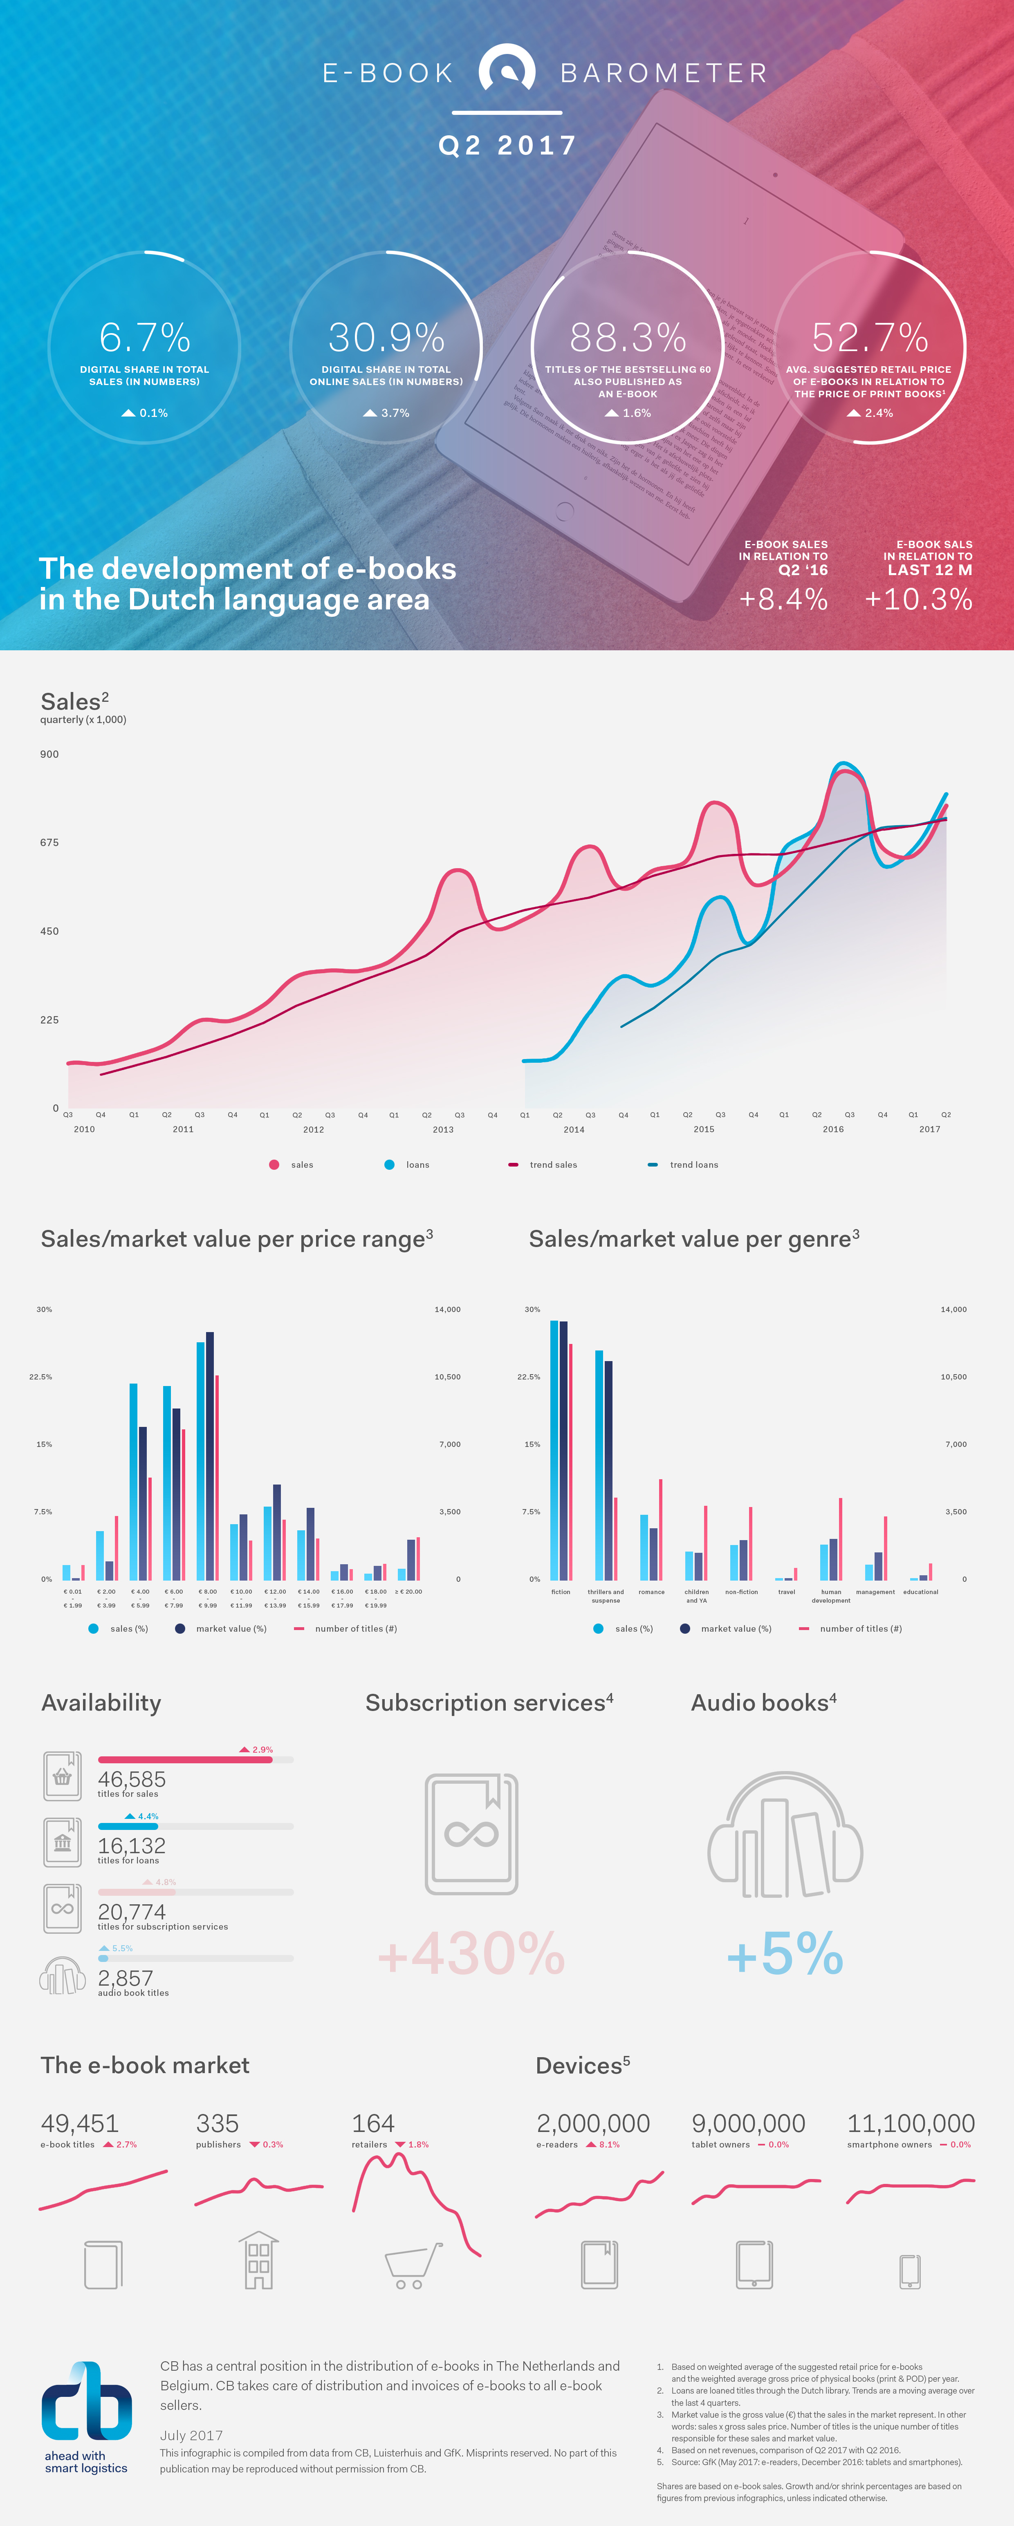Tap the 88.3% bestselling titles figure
[x=628, y=338]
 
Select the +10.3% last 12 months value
[x=918, y=599]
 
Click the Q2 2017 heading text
[x=507, y=146]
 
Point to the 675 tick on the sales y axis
[x=49, y=842]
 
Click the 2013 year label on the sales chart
[x=443, y=1130]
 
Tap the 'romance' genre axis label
[x=651, y=1592]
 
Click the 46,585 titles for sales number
[x=131, y=1779]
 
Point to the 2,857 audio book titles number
[x=126, y=1978]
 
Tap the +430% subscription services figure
[x=472, y=1953]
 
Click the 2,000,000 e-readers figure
[x=592, y=2124]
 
